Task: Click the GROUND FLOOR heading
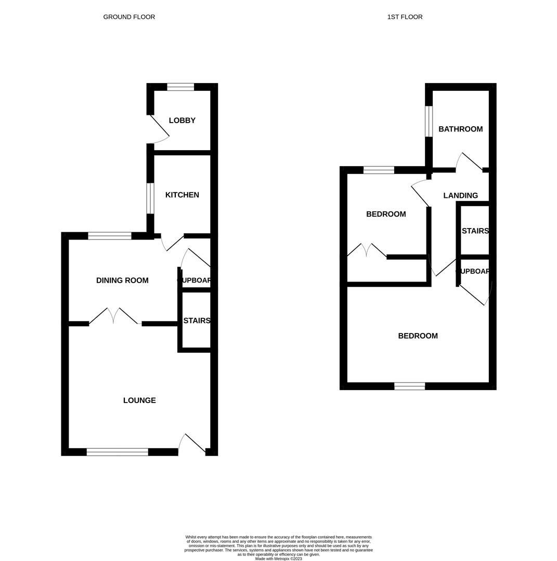pyautogui.click(x=129, y=17)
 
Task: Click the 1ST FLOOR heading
pyautogui.click(x=405, y=17)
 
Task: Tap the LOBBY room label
pyautogui.click(x=182, y=121)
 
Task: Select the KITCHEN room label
pyautogui.click(x=182, y=195)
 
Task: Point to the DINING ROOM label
pyautogui.click(x=122, y=280)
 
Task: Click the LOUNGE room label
pyautogui.click(x=139, y=400)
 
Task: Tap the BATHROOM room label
pyautogui.click(x=460, y=129)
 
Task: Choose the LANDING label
pyautogui.click(x=460, y=196)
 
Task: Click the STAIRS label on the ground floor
pyautogui.click(x=197, y=320)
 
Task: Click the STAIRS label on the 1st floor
pyautogui.click(x=475, y=231)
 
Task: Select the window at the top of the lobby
pyautogui.click(x=180, y=87)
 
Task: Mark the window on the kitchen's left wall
pyautogui.click(x=150, y=198)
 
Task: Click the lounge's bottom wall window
pyautogui.click(x=117, y=452)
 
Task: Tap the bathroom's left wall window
pyautogui.click(x=429, y=122)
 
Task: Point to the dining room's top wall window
pyautogui.click(x=109, y=236)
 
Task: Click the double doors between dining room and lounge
pyautogui.click(x=114, y=316)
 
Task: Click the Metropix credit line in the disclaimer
pyautogui.click(x=278, y=559)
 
